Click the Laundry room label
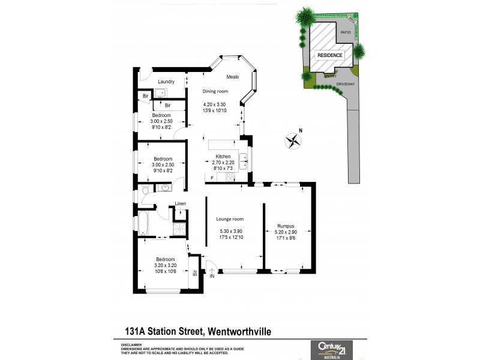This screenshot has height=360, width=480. (x=166, y=82)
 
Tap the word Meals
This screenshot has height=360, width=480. (x=233, y=77)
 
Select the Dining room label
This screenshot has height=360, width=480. (x=216, y=91)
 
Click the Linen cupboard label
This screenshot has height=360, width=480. (x=181, y=204)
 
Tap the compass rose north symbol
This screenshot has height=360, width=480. (x=293, y=141)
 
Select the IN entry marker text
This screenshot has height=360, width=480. (x=211, y=277)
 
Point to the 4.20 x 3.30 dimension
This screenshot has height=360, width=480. (x=216, y=105)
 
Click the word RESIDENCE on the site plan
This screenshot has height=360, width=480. (x=330, y=55)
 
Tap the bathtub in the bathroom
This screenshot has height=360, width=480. (x=143, y=223)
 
